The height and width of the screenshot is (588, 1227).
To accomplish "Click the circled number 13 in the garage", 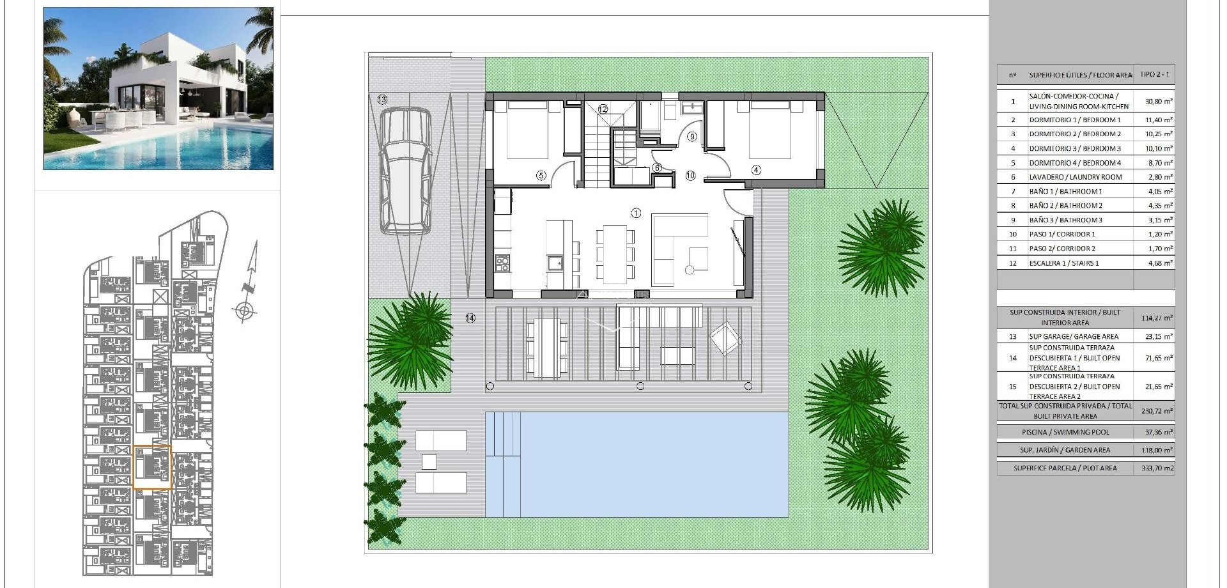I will [382, 100].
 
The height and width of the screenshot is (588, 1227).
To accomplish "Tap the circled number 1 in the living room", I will [635, 213].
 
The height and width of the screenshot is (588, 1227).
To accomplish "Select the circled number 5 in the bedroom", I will [541, 175].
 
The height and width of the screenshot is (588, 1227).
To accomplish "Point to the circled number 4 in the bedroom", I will [757, 170].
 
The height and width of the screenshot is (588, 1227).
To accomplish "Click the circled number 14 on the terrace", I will [470, 318].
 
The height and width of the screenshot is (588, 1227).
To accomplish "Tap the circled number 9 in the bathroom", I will [691, 136].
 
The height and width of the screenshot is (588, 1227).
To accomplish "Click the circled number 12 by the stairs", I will [603, 109].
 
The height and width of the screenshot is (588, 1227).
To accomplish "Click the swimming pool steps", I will [503, 435].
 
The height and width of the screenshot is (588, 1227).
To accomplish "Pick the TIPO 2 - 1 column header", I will [1154, 75].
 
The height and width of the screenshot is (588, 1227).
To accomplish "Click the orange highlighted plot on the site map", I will [152, 467].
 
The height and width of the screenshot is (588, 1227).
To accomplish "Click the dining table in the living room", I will [615, 253].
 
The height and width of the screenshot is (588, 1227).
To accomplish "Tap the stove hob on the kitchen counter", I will [502, 262].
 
